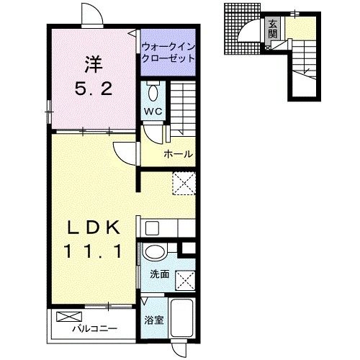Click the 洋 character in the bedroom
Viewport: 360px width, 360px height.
[x=94, y=64]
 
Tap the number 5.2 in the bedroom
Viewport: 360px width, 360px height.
[x=94, y=89]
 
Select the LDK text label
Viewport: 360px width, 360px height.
[x=94, y=228]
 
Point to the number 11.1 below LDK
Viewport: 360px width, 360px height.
[x=94, y=251]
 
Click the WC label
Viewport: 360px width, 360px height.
[x=153, y=112]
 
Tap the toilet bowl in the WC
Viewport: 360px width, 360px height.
[x=153, y=92]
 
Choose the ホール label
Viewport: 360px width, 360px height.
[x=178, y=154]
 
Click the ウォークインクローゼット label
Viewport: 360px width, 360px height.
[x=168, y=53]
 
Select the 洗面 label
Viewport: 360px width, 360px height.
[x=160, y=274]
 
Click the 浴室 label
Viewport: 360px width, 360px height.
[x=154, y=320]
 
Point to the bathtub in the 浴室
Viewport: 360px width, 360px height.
[x=182, y=318]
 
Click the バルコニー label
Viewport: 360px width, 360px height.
[x=95, y=328]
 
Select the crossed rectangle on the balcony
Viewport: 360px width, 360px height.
[x=69, y=317]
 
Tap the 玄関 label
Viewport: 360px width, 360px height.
[x=273, y=30]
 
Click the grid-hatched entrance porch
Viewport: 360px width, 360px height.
[x=243, y=29]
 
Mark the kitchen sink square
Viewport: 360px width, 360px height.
[x=152, y=228]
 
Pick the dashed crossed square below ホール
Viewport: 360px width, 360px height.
[x=184, y=183]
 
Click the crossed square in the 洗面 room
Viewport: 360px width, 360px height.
[x=185, y=280]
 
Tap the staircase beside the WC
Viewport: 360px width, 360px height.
[x=183, y=107]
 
